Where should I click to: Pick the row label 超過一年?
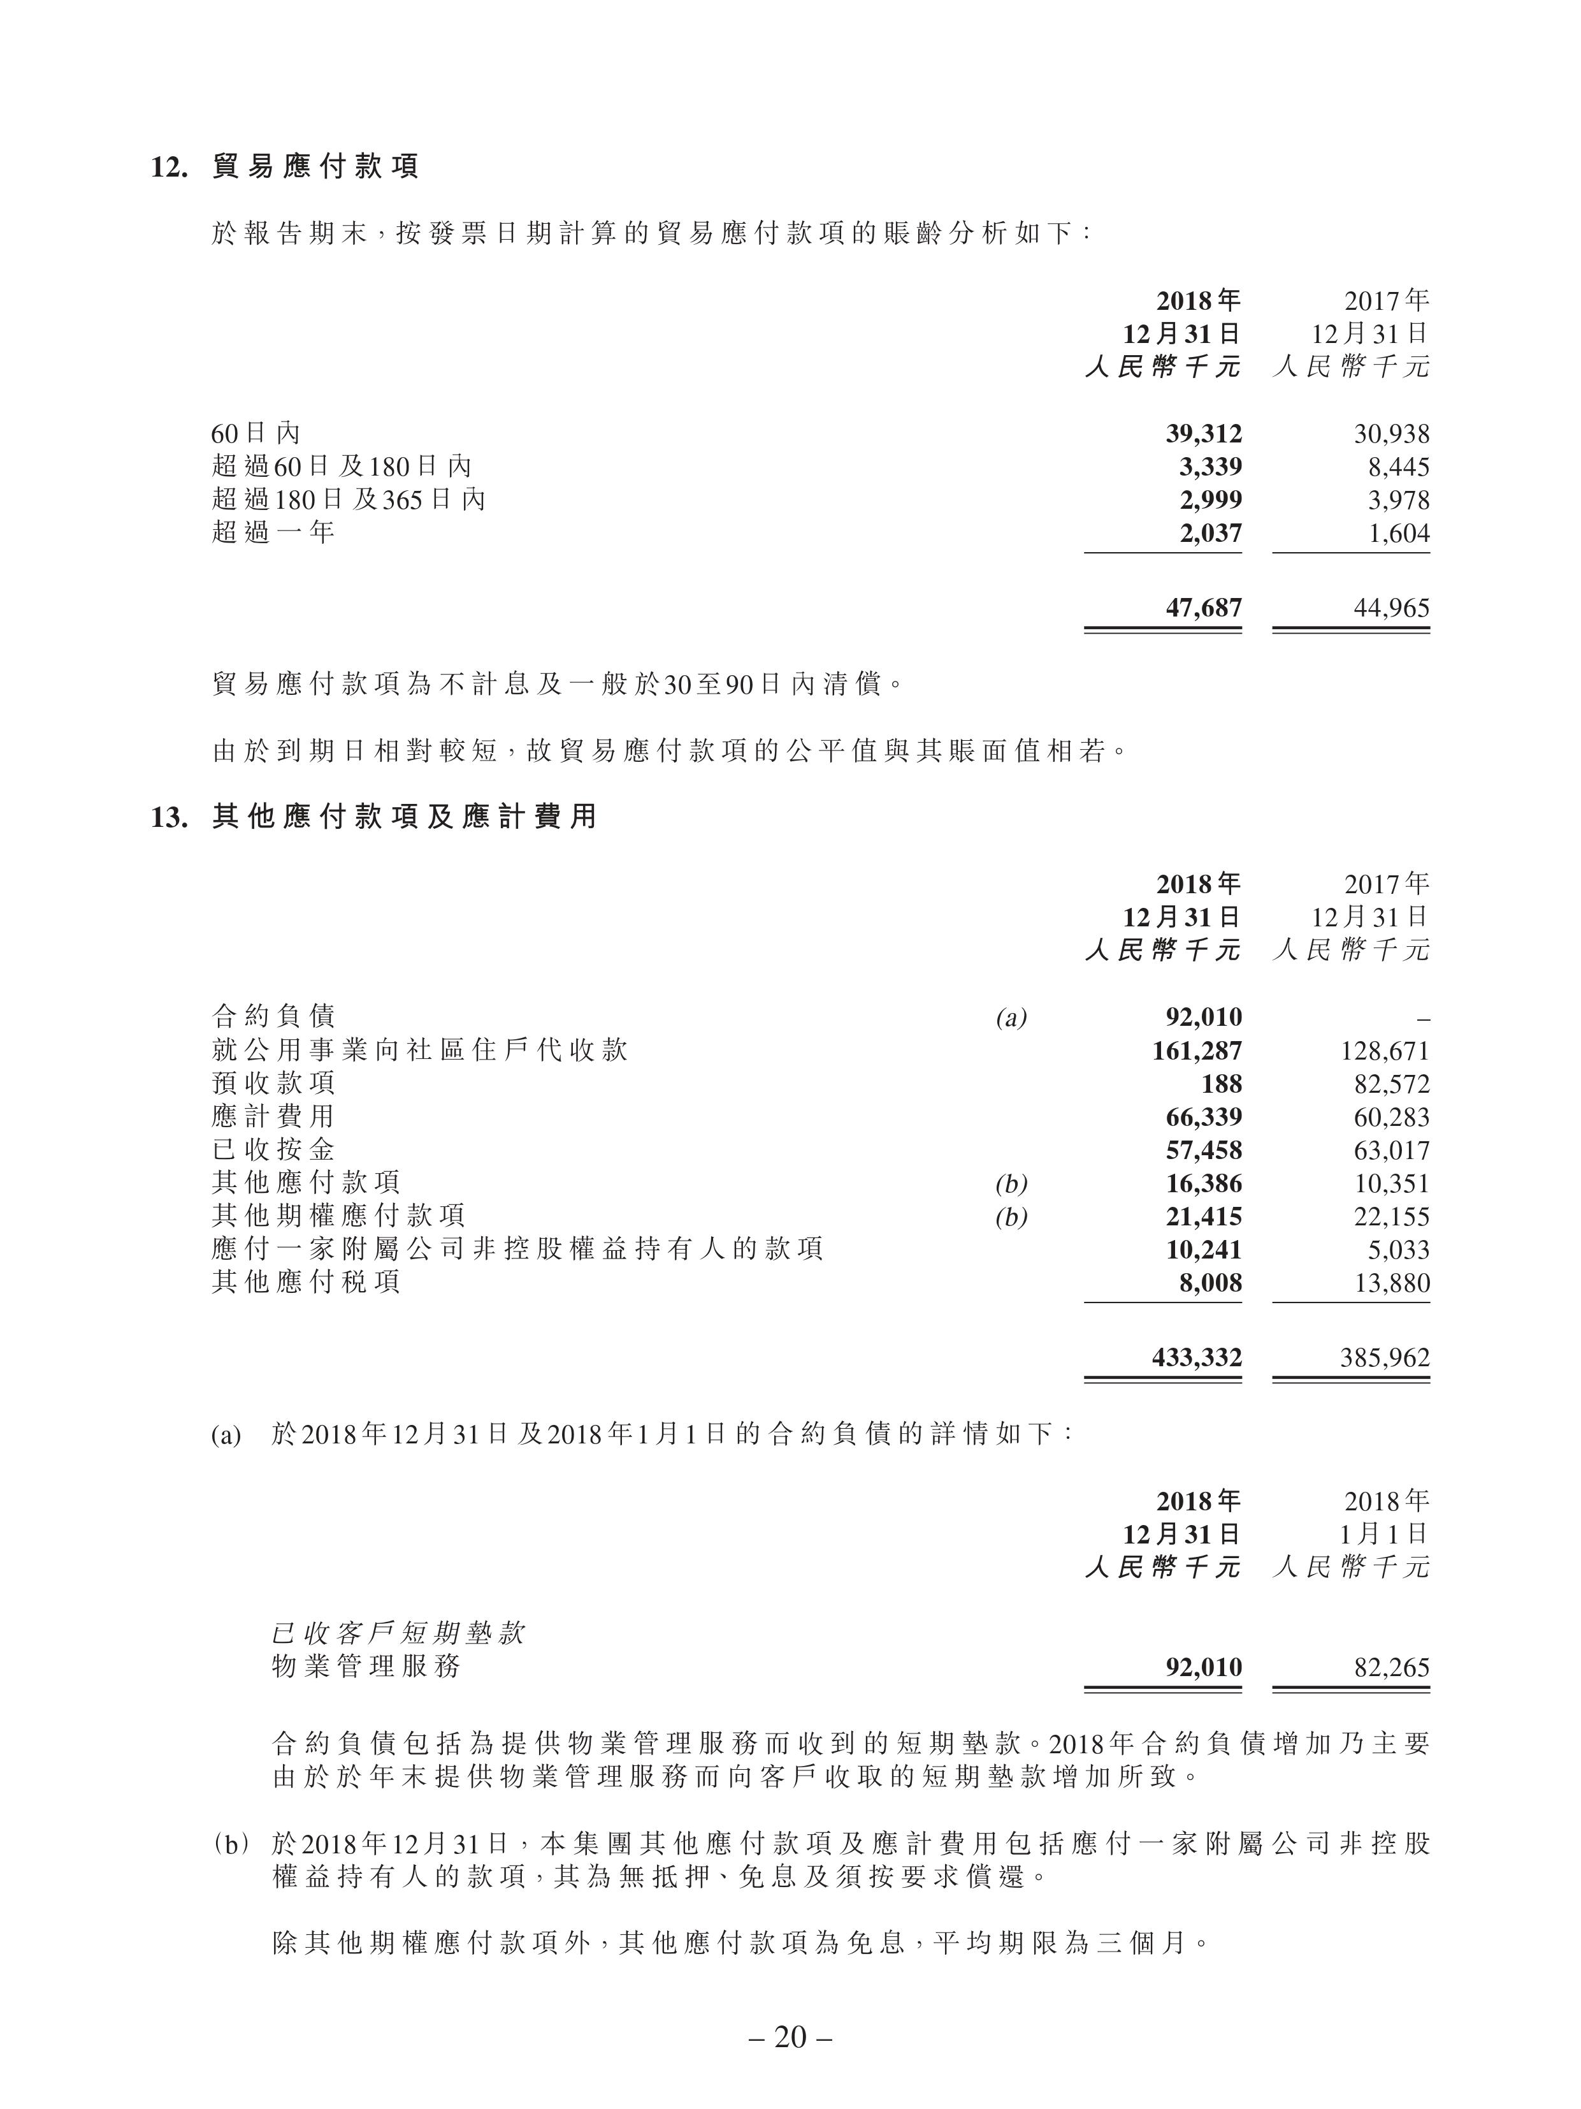273,532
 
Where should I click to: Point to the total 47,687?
1204,608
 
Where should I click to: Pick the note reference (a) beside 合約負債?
1011,1018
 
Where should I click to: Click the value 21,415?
1204,1216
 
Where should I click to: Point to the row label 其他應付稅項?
306,1282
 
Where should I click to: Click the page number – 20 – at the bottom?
790,2036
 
